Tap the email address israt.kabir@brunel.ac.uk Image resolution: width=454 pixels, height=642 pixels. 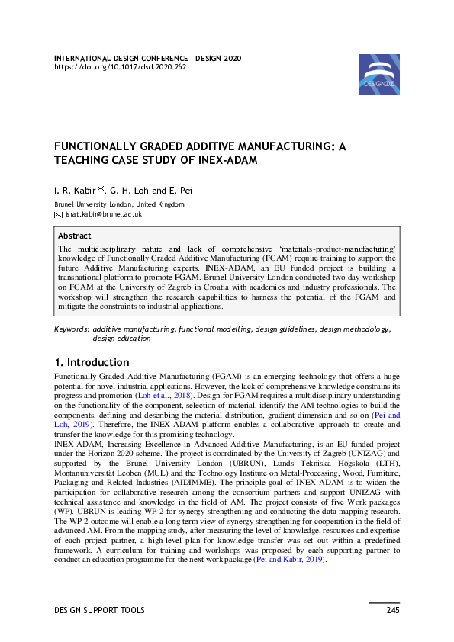tap(104, 214)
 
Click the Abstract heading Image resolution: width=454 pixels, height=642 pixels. tap(75, 236)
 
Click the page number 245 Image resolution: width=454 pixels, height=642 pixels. tap(392, 610)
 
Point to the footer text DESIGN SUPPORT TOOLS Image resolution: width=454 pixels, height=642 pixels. tap(99, 610)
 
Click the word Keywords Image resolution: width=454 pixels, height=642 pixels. tap(72, 329)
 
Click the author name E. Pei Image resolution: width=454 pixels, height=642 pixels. tap(182, 190)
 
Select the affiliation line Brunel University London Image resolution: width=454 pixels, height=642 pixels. tap(118, 204)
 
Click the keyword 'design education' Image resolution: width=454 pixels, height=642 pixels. tap(121, 338)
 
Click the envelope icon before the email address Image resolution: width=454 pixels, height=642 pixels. tap(58, 215)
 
